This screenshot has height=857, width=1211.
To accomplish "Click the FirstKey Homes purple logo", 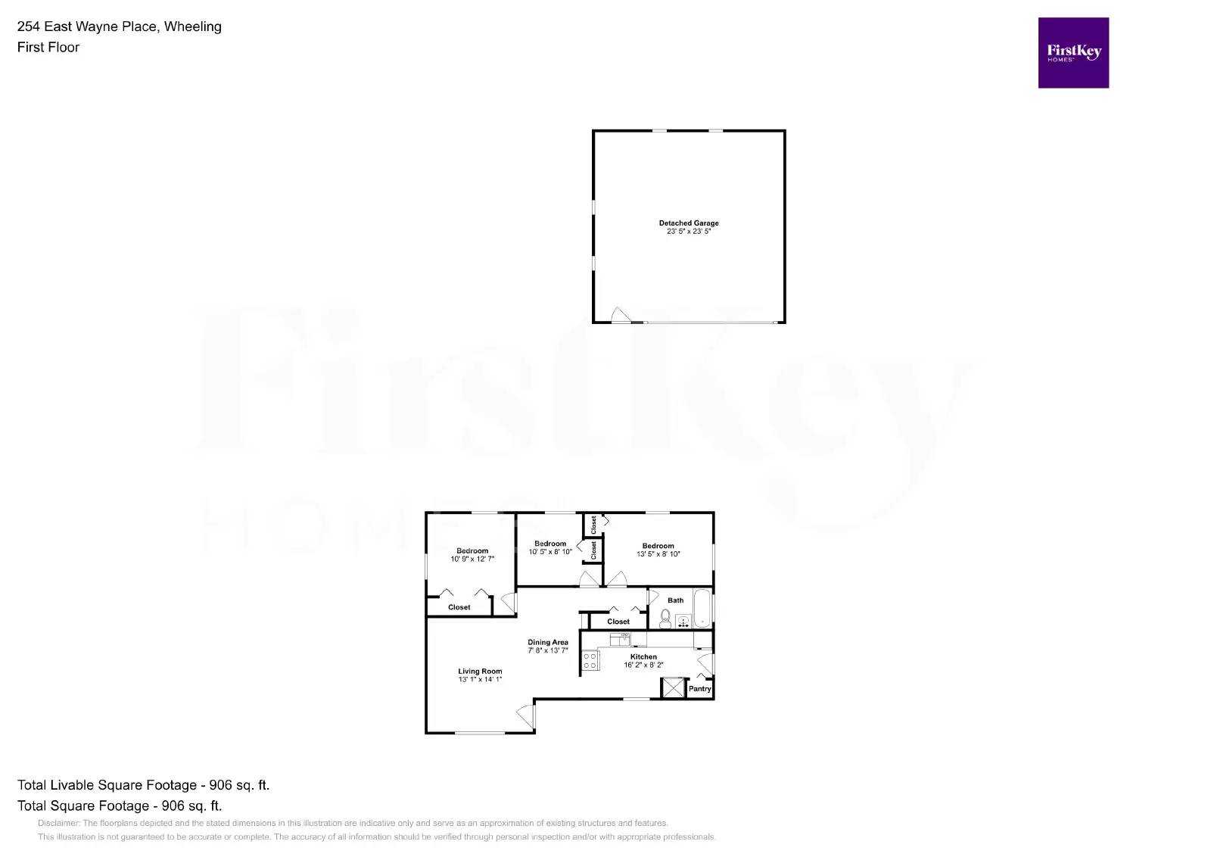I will [x=1073, y=53].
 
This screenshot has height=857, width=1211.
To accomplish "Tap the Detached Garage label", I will [x=689, y=223].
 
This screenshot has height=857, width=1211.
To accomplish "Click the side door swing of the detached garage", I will [x=621, y=315].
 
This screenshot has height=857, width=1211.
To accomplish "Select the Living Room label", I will [x=480, y=672].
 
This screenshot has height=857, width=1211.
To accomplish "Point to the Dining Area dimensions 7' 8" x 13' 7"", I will [x=548, y=650].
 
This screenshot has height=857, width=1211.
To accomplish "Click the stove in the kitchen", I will [x=590, y=661].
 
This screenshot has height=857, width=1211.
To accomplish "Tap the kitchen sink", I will [x=620, y=639].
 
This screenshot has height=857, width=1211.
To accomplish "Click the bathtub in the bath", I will [x=702, y=607].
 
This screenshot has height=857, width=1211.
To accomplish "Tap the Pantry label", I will [x=700, y=689].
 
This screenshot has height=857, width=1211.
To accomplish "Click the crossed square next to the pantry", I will [x=672, y=687].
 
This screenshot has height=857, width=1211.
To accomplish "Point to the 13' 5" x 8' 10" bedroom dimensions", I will [x=658, y=554].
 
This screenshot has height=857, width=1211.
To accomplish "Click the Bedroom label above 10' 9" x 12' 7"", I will [x=472, y=551].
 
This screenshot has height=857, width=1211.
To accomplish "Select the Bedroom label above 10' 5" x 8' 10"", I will [x=550, y=544].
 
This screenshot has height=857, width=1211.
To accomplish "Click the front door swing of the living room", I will [x=525, y=714].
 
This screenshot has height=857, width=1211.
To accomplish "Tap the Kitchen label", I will [x=643, y=657].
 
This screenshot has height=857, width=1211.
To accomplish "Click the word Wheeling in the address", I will [x=193, y=26].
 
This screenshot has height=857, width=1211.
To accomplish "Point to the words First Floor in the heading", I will [x=48, y=47].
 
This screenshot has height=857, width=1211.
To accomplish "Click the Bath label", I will [x=676, y=600].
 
